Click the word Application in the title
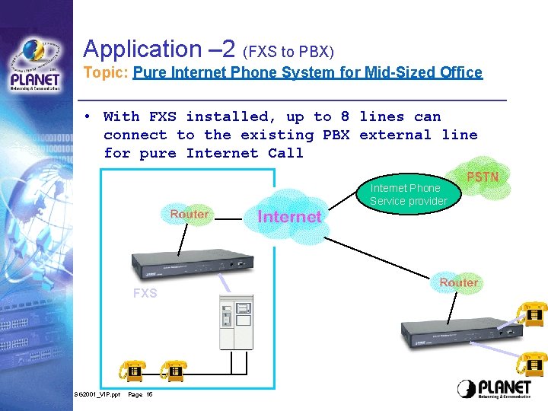pyautogui.click(x=141, y=49)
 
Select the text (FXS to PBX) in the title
pyautogui.click(x=288, y=53)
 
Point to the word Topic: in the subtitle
pyautogui.click(x=106, y=73)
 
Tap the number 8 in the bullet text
pyautogui.click(x=345, y=116)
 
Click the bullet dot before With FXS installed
pyautogui.click(x=89, y=116)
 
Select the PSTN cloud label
pyautogui.click(x=483, y=177)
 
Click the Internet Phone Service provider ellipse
pyautogui.click(x=405, y=195)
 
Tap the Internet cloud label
pyautogui.click(x=289, y=217)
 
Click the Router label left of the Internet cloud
pyautogui.click(x=189, y=214)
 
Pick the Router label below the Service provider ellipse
pyautogui.click(x=458, y=282)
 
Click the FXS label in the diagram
pyautogui.click(x=145, y=293)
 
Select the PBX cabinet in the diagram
pyautogui.click(x=236, y=323)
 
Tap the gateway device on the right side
pyautogui.click(x=457, y=328)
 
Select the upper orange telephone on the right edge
pyautogui.click(x=531, y=313)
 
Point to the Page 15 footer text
pyautogui.click(x=140, y=394)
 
